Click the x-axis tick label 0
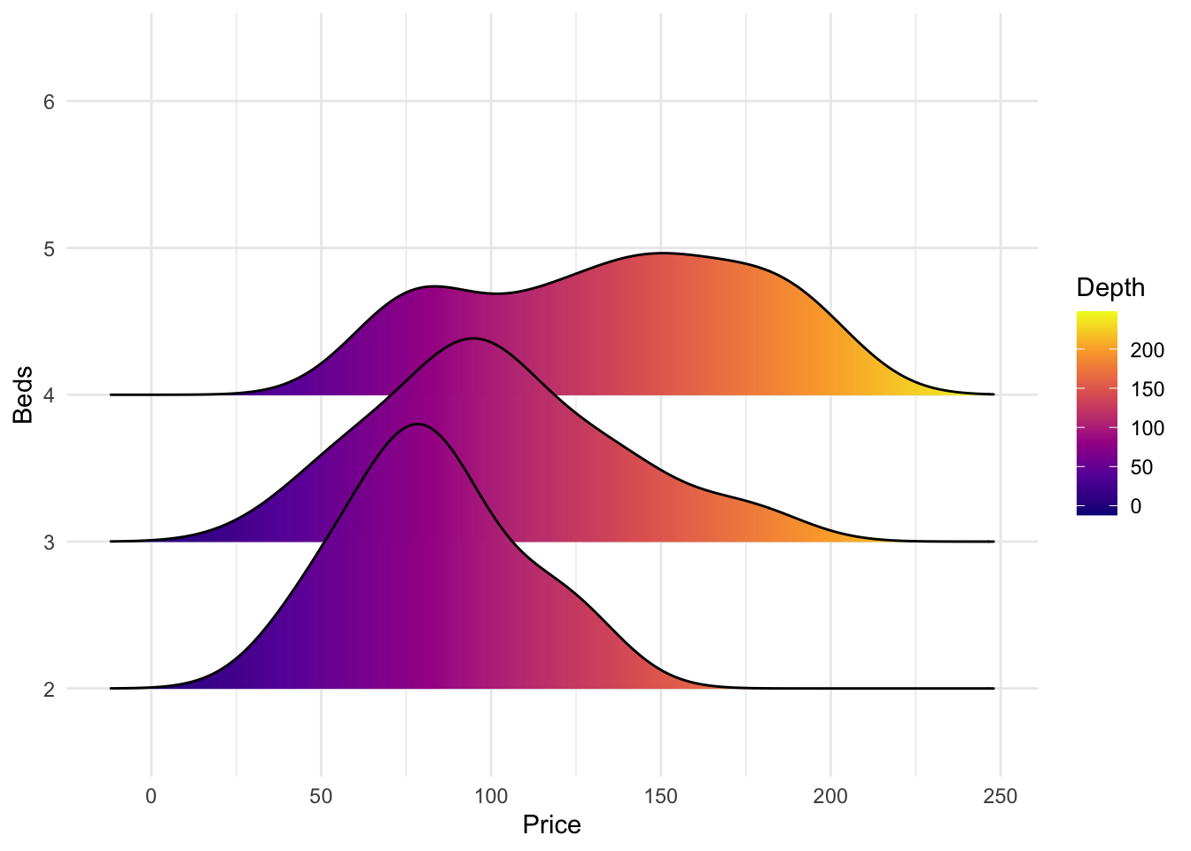click(x=151, y=797)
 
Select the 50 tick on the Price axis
click(x=321, y=797)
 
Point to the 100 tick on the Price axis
click(x=490, y=797)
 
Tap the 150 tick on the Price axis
click(x=660, y=797)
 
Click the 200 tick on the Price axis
click(x=830, y=797)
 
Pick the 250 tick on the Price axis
click(x=1000, y=797)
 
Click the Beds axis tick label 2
click(x=49, y=689)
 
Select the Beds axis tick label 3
click(x=49, y=542)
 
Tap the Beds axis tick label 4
click(x=49, y=394)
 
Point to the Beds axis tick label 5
click(x=49, y=248)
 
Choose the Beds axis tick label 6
click(x=49, y=102)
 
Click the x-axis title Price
click(x=551, y=825)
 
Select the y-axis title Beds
click(x=23, y=394)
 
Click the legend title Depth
click(x=1109, y=288)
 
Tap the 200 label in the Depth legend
click(x=1147, y=351)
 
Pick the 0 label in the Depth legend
click(x=1135, y=506)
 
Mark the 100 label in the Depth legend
click(x=1147, y=429)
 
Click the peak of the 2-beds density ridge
click(x=416, y=425)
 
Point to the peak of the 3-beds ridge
click(x=474, y=339)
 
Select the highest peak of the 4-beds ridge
click(x=662, y=254)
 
